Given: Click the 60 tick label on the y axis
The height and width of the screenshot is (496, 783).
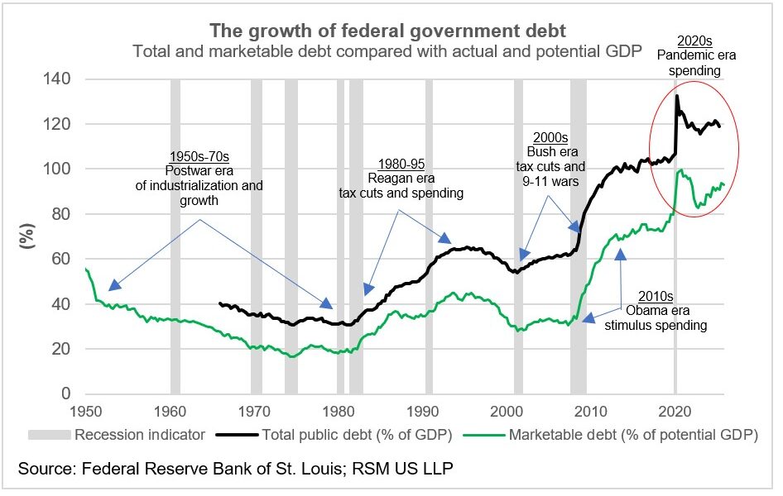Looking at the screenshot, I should point(60,260).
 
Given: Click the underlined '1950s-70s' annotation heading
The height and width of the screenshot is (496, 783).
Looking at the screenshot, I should point(199,156).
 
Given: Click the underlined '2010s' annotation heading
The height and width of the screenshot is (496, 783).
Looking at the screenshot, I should point(656,295).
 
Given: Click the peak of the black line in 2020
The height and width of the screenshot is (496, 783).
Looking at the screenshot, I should point(677,96).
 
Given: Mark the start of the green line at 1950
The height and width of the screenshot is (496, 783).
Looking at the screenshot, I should point(86,269).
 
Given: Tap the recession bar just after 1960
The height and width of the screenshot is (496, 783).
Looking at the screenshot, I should point(175,236).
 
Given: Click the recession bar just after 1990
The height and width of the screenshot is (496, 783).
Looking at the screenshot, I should point(429,236).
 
